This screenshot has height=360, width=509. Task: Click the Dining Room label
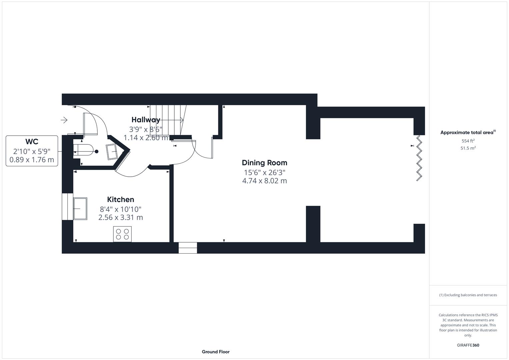[264, 163]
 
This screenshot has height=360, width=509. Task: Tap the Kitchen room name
[120, 199]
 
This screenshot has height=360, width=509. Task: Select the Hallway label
[146, 120]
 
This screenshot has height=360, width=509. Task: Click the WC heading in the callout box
[32, 142]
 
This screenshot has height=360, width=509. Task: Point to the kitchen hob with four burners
[122, 234]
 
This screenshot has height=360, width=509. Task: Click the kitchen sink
[80, 209]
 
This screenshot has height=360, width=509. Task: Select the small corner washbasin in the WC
[112, 152]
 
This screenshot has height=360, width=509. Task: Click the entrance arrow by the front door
[64, 120]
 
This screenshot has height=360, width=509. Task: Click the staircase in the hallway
[167, 120]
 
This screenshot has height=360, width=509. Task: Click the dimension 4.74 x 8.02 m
[264, 181]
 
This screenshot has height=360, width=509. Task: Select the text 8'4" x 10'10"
[120, 209]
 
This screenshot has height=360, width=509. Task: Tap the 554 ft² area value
[468, 141]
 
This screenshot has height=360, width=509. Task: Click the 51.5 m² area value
[468, 148]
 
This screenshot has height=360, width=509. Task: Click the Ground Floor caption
[215, 352]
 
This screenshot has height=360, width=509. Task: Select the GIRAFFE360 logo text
[468, 345]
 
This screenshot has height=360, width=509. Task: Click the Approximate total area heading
[468, 133]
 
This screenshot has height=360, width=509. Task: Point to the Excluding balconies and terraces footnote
[468, 295]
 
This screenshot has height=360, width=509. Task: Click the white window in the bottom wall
[188, 248]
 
